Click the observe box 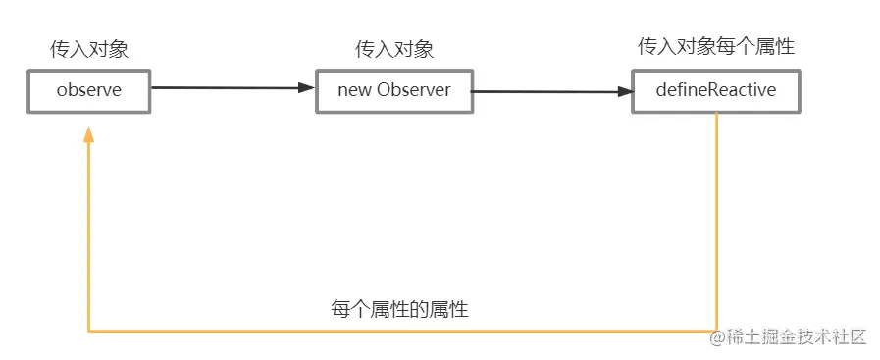[x=88, y=91]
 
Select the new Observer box [x=393, y=90]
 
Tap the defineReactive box [x=715, y=91]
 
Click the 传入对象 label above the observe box [x=89, y=50]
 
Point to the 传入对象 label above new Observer [x=394, y=50]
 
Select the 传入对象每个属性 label [x=716, y=46]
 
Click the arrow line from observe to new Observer [x=226, y=88]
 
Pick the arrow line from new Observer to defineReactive [x=549, y=91]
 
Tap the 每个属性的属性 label [x=399, y=310]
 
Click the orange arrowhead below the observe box [x=89, y=136]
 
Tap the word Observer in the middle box [x=413, y=90]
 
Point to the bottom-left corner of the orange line [x=89, y=331]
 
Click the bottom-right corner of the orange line [x=717, y=331]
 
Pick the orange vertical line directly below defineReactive [x=717, y=216]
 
